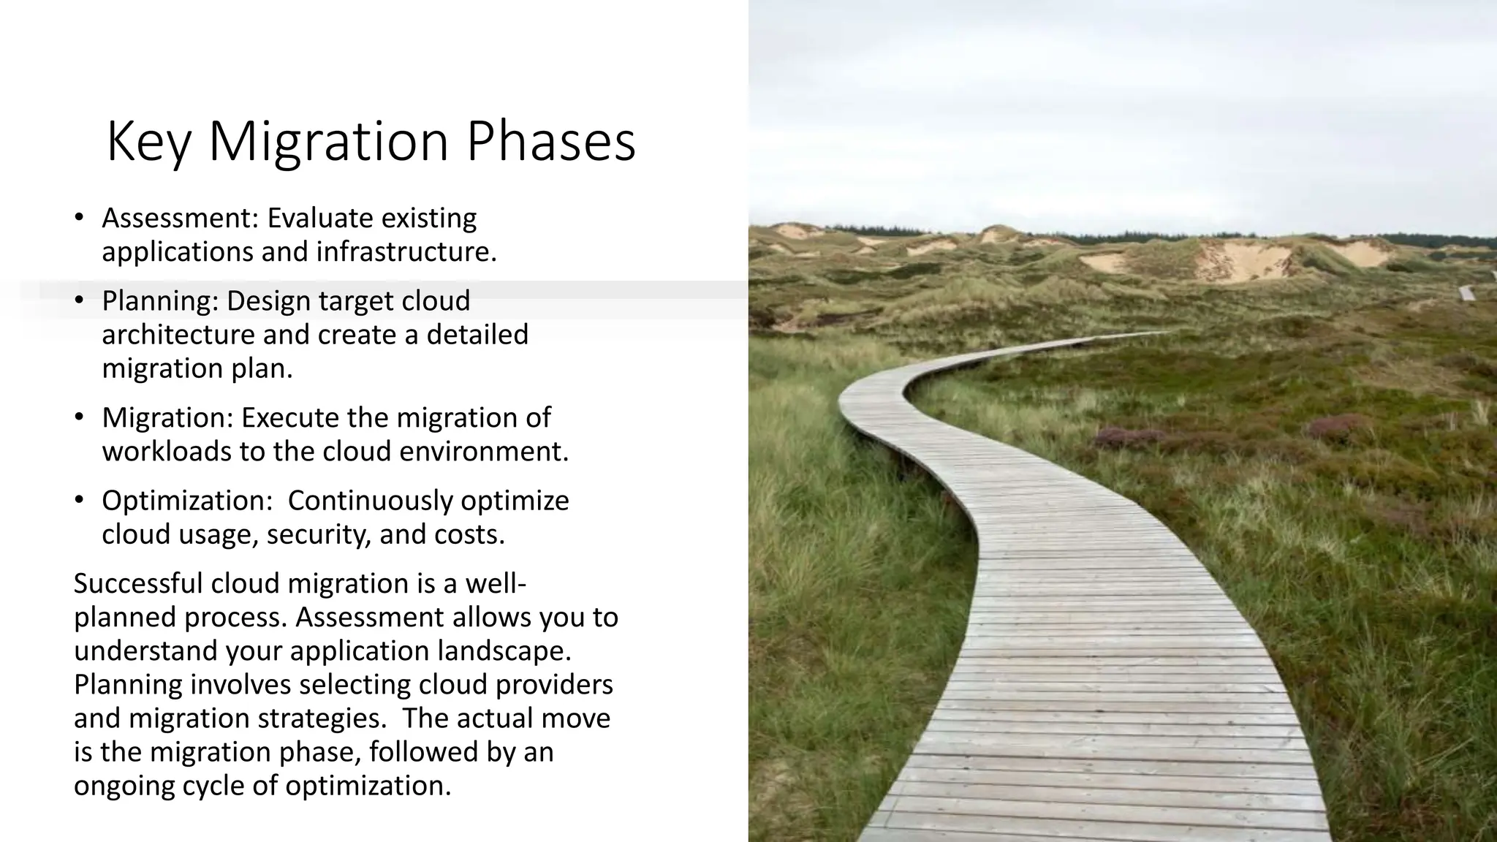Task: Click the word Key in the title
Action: (x=148, y=142)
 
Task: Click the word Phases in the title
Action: (x=550, y=142)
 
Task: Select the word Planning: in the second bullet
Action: (x=160, y=301)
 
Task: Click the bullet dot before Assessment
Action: (x=79, y=219)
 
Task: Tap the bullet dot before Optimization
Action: (x=79, y=501)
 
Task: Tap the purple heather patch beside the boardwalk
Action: (x=1129, y=437)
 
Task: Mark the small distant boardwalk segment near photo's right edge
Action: (x=1466, y=293)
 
